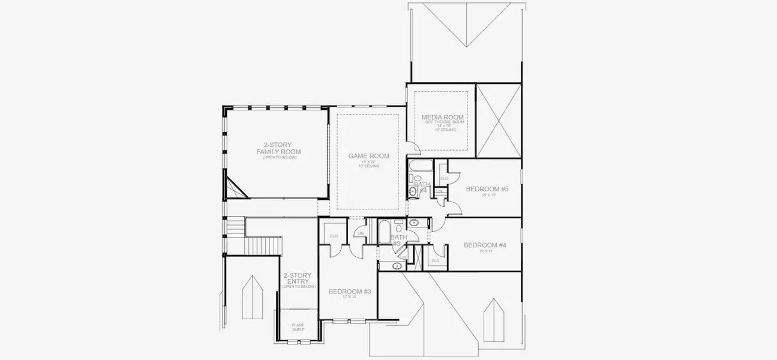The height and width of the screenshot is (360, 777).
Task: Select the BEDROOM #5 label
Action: tap(487, 189)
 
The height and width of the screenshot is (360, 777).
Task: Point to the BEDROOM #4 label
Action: tap(485, 245)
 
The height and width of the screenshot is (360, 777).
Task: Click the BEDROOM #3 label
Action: tap(350, 292)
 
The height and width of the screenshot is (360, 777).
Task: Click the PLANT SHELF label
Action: tap(298, 328)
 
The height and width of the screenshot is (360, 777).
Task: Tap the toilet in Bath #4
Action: tap(416, 178)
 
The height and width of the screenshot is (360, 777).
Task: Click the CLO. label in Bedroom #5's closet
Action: tap(445, 178)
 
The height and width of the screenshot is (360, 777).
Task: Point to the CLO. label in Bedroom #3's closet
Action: tap(334, 236)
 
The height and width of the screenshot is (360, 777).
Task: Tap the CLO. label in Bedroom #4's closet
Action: tap(436, 260)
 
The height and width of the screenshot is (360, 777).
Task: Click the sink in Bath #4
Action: tap(413, 191)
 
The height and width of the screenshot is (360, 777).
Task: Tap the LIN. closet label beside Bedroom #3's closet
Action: tap(361, 233)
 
